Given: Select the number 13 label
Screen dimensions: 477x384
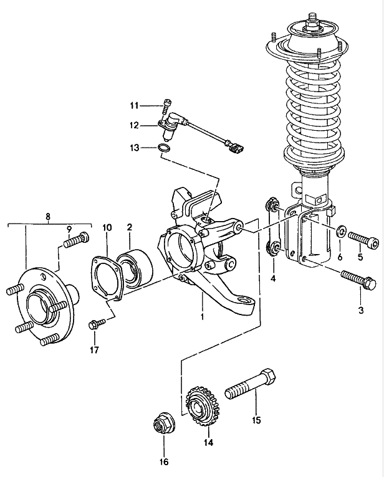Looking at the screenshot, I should point(135,148).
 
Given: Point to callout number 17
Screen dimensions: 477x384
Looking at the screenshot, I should point(94,350).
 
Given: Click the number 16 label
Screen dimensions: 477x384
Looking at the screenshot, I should point(164,462).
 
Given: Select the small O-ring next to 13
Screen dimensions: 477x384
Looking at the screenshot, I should point(163,148).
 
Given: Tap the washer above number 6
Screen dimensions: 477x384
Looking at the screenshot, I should point(340,232).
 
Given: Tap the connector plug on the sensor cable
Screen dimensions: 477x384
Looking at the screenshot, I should point(236,148).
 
